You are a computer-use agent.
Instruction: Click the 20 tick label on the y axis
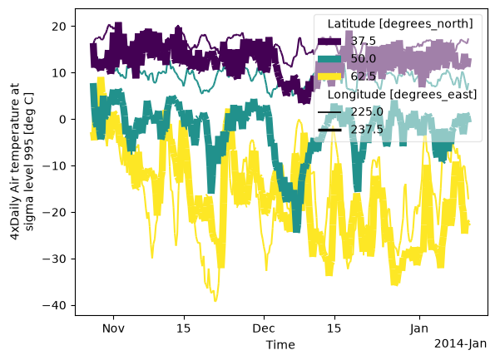click(x=59, y=27)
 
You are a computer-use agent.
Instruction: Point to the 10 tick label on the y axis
click(x=59, y=73)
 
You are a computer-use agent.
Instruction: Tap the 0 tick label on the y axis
click(x=62, y=120)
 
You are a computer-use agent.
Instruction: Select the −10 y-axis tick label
click(x=55, y=166)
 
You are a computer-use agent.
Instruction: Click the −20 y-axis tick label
click(x=55, y=212)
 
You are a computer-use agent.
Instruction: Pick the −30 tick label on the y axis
click(x=55, y=259)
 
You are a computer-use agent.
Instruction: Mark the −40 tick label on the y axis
click(x=55, y=305)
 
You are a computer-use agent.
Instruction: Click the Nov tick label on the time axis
click(x=113, y=328)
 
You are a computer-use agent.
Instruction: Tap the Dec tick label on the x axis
click(x=264, y=328)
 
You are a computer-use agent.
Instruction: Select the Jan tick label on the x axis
click(x=419, y=328)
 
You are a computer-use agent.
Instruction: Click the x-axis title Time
click(x=280, y=344)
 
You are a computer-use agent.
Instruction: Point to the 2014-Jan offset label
click(x=461, y=343)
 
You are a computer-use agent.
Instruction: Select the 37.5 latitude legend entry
click(x=346, y=41)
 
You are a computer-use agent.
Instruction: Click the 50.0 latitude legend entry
click(x=346, y=59)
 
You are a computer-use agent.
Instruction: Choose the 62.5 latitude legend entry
click(x=346, y=76)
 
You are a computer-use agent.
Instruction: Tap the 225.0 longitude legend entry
click(x=350, y=112)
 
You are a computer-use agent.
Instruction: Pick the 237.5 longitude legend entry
click(x=350, y=130)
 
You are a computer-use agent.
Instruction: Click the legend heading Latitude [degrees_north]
click(x=400, y=23)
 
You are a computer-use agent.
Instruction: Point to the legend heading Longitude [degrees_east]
click(x=402, y=94)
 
